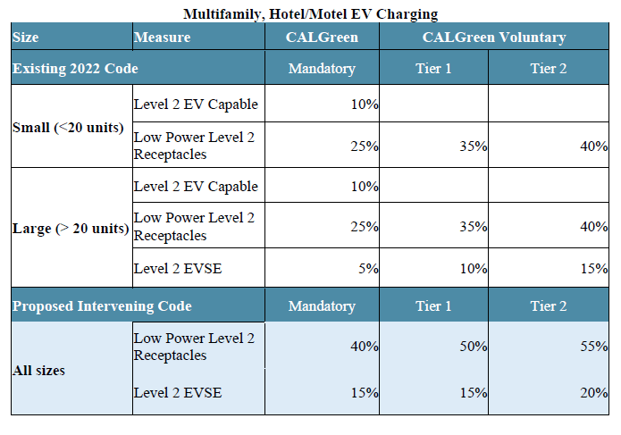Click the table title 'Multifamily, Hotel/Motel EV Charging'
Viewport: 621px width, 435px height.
click(310, 13)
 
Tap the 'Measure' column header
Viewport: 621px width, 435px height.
click(162, 38)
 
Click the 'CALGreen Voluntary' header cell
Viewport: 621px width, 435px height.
click(493, 38)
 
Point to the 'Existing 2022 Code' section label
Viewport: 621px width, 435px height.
click(75, 68)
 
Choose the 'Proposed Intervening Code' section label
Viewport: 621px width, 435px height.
click(102, 306)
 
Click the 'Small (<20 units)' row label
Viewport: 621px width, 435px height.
click(68, 127)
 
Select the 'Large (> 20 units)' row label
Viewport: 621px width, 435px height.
click(71, 229)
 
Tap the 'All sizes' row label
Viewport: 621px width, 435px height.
click(38, 370)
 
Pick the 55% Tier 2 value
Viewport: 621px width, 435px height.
click(593, 347)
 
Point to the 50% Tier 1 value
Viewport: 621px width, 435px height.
click(474, 347)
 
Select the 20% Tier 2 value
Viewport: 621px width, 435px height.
click(593, 393)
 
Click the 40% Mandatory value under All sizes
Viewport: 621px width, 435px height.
click(365, 347)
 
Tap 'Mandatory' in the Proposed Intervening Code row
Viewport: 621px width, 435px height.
click(322, 306)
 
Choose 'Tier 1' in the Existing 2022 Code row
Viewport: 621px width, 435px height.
click(433, 69)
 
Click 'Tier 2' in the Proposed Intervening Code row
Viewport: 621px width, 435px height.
click(548, 306)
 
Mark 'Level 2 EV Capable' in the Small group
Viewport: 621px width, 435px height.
click(196, 104)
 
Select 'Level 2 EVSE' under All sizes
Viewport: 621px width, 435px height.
click(177, 393)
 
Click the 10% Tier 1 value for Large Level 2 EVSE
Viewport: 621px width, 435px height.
click(474, 268)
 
